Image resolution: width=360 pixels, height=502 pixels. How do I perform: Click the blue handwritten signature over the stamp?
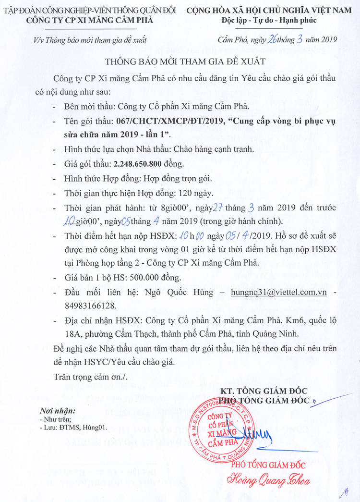pyautogui.click(x=259, y=435)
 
